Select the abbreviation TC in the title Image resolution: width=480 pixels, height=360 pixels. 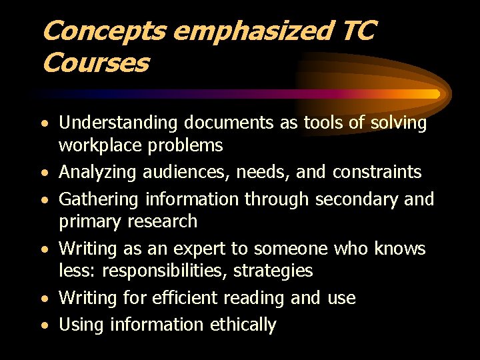(359, 31)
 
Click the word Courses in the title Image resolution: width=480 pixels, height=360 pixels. (95, 63)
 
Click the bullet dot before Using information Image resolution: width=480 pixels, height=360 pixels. (45, 326)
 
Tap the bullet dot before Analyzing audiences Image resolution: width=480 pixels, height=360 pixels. (45, 173)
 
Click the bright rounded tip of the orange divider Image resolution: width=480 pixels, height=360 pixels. (436, 94)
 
